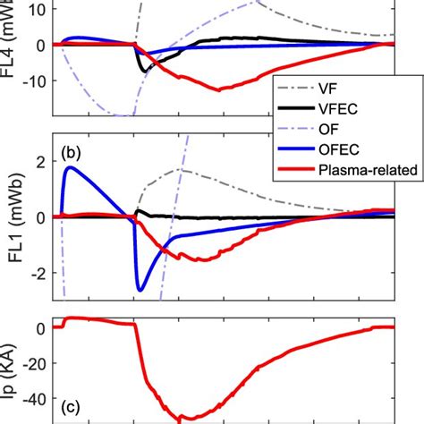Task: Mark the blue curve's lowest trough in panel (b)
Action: [x=140, y=290]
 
